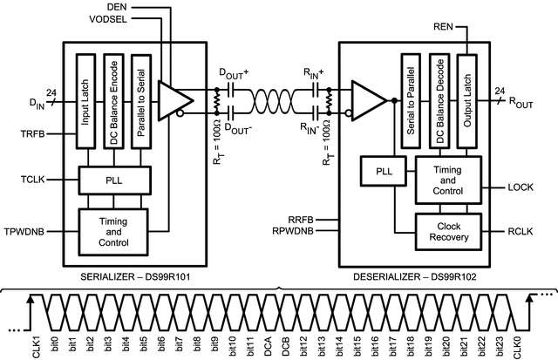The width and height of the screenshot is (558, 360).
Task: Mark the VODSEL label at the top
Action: point(118,18)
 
